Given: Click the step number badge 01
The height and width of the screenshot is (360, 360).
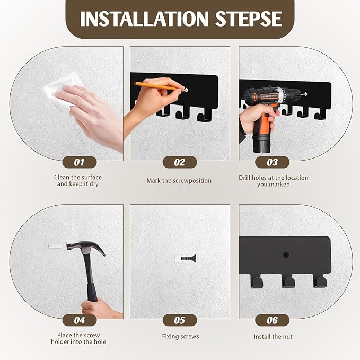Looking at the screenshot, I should (x=79, y=162).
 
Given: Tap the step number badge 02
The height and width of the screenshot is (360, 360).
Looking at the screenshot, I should (x=180, y=162).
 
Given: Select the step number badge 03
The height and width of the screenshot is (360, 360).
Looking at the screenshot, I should (x=272, y=162).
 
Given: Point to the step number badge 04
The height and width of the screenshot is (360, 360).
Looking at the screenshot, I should (x=79, y=320).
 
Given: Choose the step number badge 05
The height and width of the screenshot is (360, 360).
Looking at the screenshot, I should (x=180, y=320).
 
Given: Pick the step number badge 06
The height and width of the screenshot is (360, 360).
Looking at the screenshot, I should (x=272, y=320).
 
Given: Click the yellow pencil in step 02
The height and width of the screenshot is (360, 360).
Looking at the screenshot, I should (x=156, y=85).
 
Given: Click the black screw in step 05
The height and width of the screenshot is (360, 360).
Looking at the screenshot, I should (x=188, y=259).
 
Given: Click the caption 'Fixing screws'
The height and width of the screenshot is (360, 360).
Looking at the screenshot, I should (x=180, y=337).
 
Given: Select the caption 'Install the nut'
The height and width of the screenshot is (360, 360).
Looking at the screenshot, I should (x=273, y=337).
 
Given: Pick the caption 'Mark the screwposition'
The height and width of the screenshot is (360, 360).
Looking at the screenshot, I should (x=179, y=181).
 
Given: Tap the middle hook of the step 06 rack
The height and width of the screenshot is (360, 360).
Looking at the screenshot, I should (x=289, y=281).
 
